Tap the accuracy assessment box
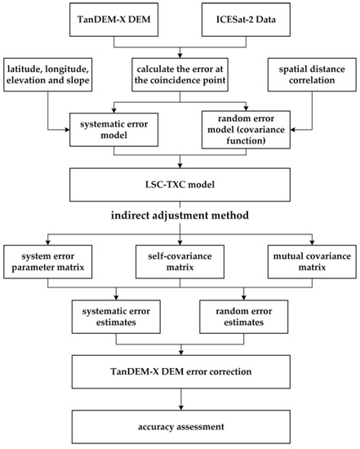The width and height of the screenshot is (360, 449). [x=180, y=426]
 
